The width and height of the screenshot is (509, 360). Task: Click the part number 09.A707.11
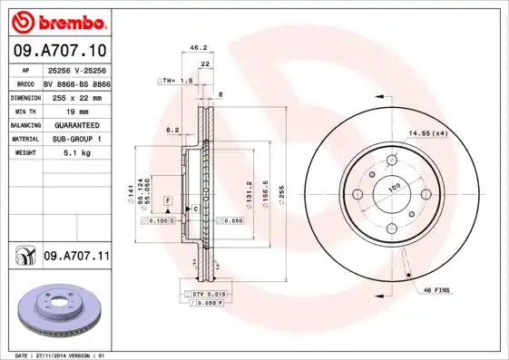click(76, 258)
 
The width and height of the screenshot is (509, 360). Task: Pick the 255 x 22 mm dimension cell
click(76, 96)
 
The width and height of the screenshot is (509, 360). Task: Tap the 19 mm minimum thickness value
click(76, 110)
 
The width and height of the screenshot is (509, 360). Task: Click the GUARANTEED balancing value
click(76, 124)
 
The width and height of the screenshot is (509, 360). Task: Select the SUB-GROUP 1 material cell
click(76, 139)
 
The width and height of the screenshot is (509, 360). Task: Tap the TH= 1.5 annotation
click(177, 81)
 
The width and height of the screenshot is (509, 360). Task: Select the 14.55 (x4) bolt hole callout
click(427, 134)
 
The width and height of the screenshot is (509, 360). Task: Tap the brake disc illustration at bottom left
click(56, 308)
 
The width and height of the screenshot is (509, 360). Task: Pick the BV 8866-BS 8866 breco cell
click(76, 82)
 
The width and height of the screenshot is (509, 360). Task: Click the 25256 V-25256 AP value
click(76, 69)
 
